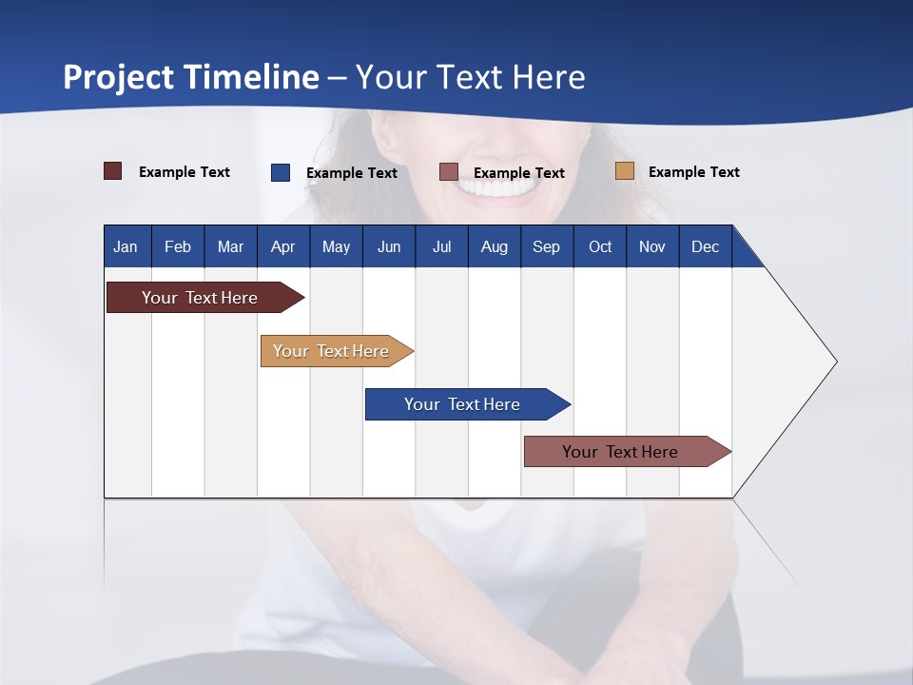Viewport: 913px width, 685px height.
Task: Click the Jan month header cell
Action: click(126, 246)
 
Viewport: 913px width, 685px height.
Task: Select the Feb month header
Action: click(178, 246)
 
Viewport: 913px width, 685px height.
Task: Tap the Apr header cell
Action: click(283, 246)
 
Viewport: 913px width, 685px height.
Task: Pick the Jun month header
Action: click(389, 246)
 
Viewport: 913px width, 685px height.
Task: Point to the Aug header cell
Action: click(495, 246)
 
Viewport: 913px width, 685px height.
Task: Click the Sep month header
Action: click(547, 246)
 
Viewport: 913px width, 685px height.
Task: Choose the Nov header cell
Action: click(652, 246)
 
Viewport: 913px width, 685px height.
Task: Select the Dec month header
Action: click(706, 246)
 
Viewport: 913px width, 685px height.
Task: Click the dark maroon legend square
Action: click(113, 171)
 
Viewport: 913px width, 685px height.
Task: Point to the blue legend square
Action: click(281, 172)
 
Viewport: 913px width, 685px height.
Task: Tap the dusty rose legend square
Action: click(449, 172)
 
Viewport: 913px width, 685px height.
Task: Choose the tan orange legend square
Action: click(625, 171)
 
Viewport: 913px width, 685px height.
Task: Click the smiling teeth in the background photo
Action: click(495, 187)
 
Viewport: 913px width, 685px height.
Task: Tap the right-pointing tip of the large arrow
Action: click(834, 362)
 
